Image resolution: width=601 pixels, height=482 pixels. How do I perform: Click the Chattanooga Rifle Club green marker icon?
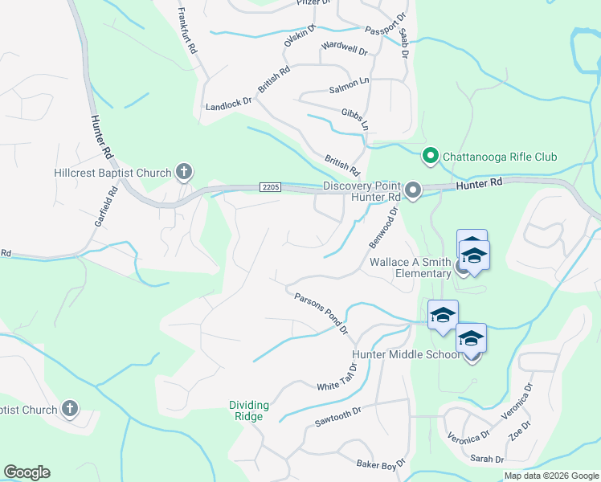point(431,156)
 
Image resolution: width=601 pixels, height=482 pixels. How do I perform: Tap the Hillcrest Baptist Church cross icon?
point(184,171)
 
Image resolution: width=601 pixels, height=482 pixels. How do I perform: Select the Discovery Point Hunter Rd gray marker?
point(413,190)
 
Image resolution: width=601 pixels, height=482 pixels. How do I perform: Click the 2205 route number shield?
point(270,187)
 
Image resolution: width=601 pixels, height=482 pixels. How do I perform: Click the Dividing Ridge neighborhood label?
point(249,411)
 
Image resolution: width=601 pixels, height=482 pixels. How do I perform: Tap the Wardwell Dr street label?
point(344,50)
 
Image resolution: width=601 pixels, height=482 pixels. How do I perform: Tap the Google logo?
point(27,472)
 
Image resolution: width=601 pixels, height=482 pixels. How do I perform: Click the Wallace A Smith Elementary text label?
point(411,268)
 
